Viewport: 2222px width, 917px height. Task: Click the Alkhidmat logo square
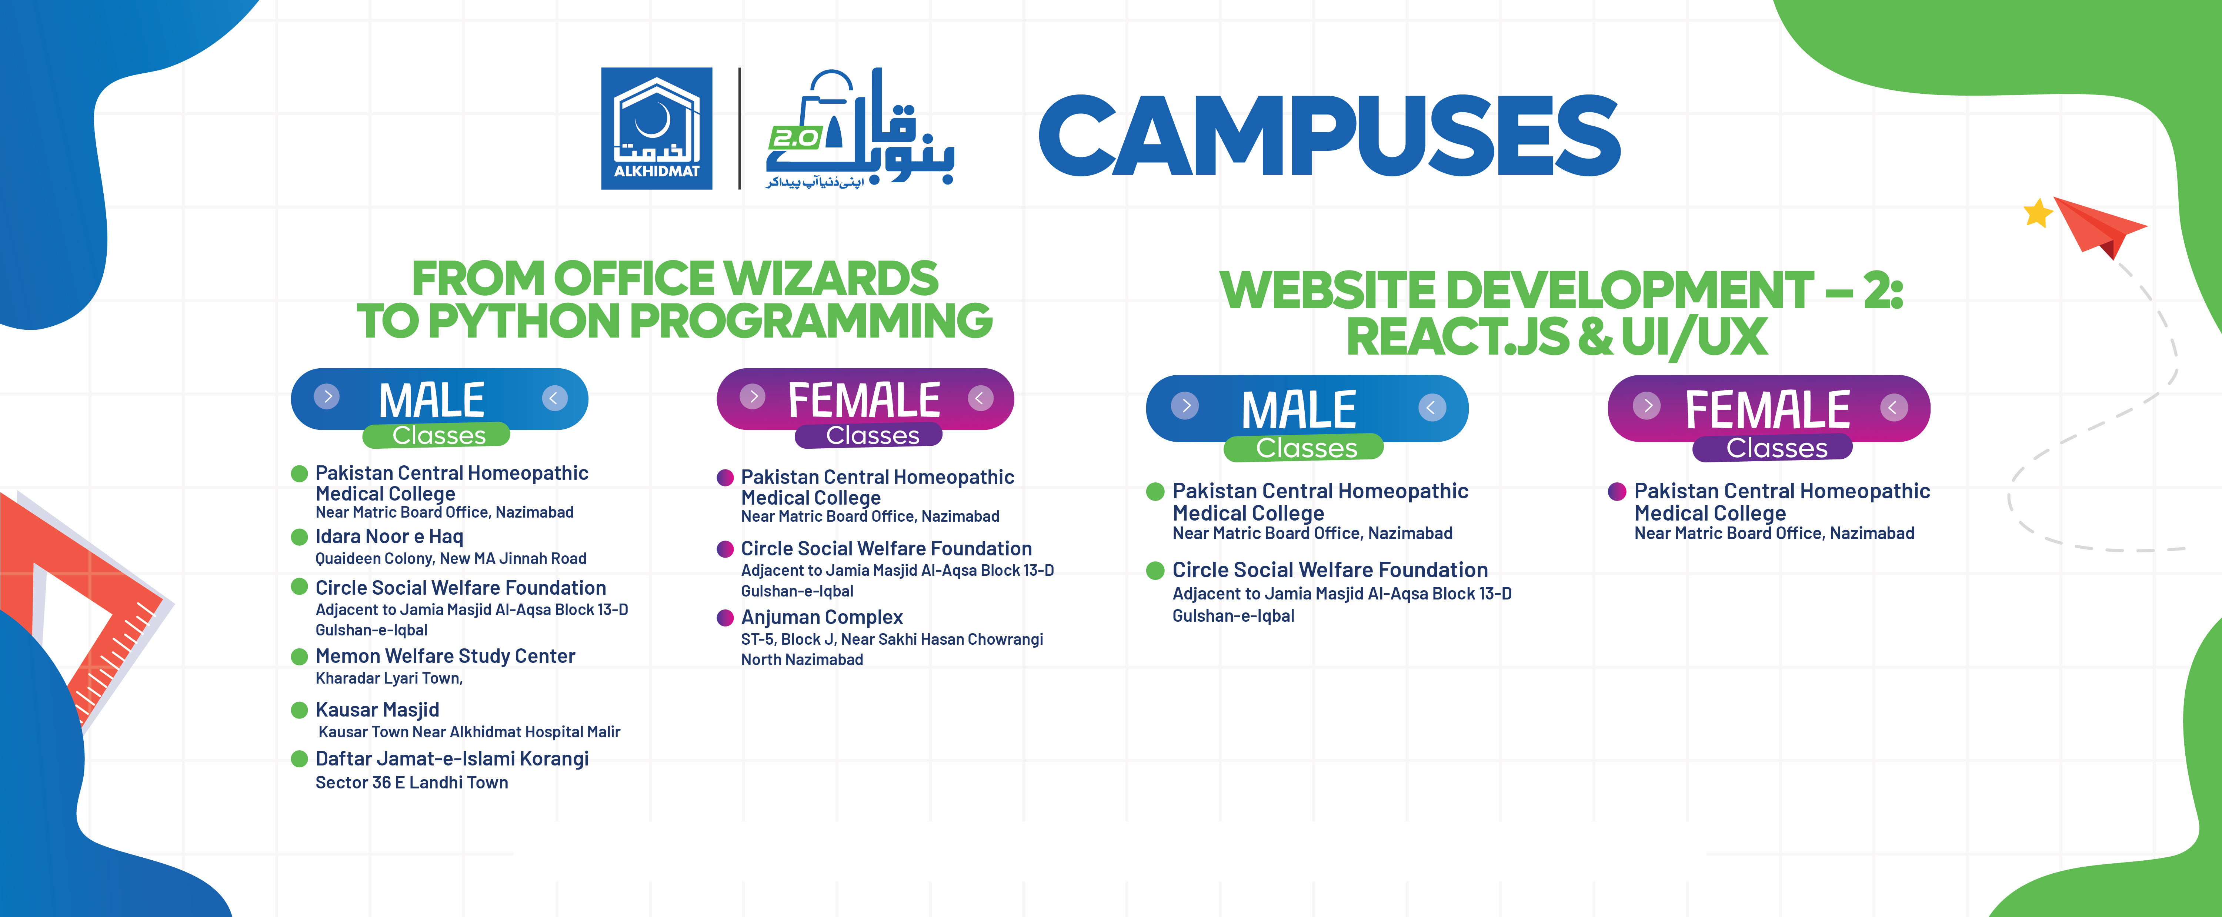pos(657,129)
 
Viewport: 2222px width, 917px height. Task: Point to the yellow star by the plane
pos(2038,212)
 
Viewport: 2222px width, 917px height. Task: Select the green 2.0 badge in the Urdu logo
pos(794,138)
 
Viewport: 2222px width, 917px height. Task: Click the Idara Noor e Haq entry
pos(389,536)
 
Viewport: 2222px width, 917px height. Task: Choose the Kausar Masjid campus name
pos(377,710)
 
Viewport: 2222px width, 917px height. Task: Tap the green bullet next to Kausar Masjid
pos(299,710)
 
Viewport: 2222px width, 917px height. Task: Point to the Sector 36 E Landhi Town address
pos(411,783)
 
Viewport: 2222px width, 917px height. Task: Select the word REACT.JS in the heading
pos(1457,336)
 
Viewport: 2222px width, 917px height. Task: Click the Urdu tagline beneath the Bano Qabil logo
pos(815,182)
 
